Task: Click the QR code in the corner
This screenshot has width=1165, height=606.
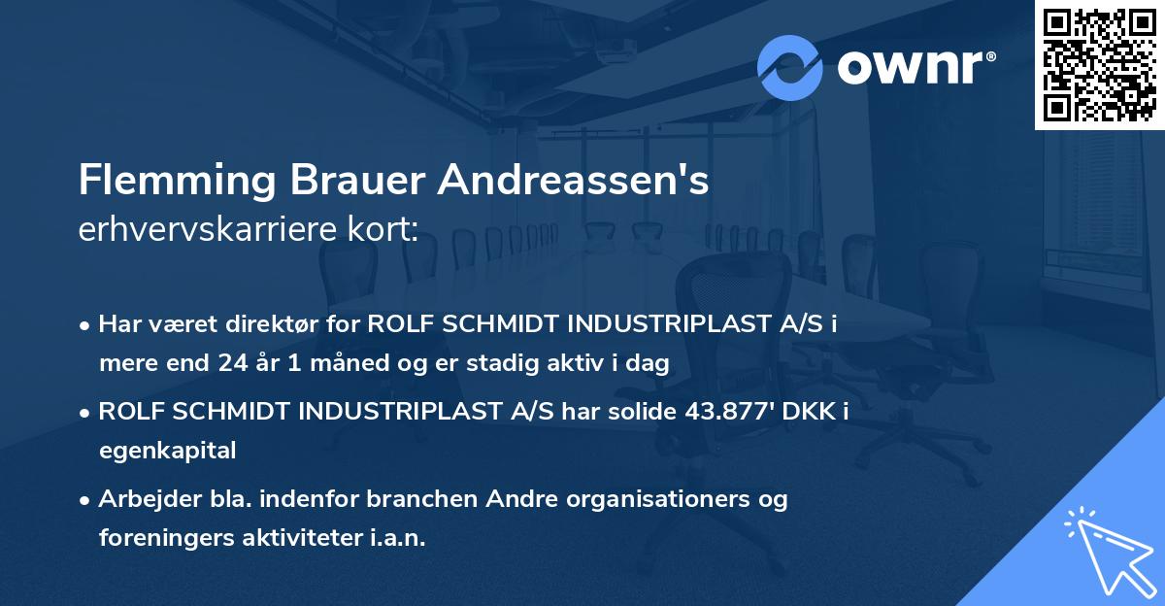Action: click(x=1099, y=65)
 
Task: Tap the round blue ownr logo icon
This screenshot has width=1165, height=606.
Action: click(x=790, y=67)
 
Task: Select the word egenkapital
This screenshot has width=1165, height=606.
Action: click(x=167, y=451)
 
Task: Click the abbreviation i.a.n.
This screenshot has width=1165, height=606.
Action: click(x=397, y=538)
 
